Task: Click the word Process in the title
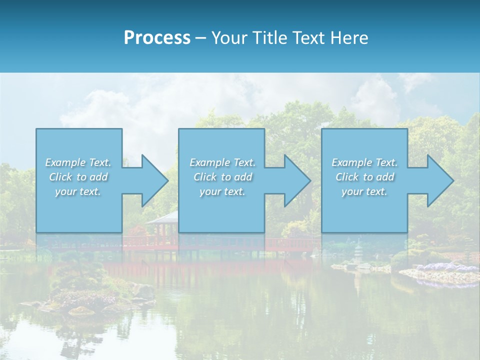tap(157, 38)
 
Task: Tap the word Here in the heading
tap(349, 38)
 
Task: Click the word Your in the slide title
tap(229, 38)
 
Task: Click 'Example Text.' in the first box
tap(78, 162)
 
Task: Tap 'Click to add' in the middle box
tap(222, 177)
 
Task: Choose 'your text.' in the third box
tap(364, 191)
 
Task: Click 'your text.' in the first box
tap(78, 191)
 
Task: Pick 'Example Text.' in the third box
tap(364, 162)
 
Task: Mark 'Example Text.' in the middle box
tap(222, 162)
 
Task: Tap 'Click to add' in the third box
tap(364, 177)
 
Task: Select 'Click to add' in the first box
tap(78, 177)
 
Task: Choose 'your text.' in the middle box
tap(222, 191)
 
